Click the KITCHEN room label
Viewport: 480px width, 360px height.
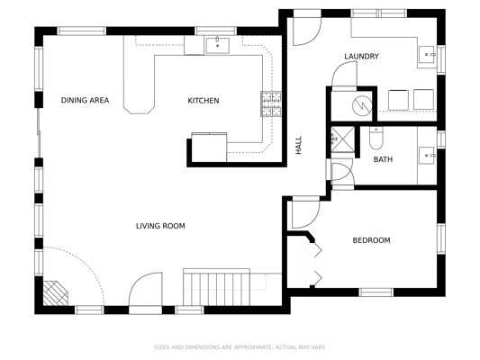(204, 101)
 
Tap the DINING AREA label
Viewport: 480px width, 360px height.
(85, 100)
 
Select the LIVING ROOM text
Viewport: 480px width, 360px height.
(160, 226)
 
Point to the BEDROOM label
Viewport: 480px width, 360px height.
(371, 240)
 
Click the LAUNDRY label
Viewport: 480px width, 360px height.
(361, 57)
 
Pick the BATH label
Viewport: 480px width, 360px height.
(383, 159)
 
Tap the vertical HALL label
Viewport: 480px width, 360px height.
(298, 145)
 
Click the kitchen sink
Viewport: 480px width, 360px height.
(217, 46)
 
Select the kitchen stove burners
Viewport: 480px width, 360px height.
(271, 104)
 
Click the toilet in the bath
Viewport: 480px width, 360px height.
(376, 139)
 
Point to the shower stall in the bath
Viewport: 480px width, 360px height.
(343, 139)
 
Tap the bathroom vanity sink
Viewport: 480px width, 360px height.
(427, 156)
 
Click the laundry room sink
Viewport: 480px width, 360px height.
(427, 54)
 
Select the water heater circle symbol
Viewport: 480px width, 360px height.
(362, 106)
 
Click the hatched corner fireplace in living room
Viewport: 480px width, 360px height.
(55, 293)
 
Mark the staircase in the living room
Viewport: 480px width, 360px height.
(216, 287)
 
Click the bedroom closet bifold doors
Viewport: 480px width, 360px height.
(316, 264)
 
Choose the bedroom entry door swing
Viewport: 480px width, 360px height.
(306, 214)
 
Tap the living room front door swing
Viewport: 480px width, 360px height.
(145, 289)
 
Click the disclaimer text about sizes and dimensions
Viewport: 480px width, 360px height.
(240, 347)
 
